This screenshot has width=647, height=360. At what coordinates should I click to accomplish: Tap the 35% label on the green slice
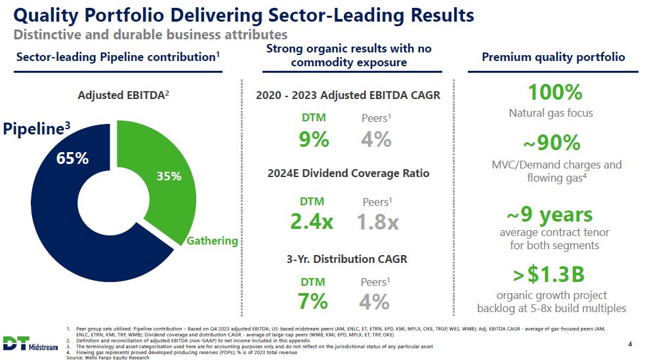(x=169, y=176)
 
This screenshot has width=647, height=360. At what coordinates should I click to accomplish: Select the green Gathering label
(x=212, y=241)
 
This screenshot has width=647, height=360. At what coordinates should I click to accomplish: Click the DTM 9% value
(x=313, y=139)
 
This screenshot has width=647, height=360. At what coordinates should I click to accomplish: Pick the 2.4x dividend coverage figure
(x=312, y=222)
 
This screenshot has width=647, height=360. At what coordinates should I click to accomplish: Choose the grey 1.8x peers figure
(x=378, y=222)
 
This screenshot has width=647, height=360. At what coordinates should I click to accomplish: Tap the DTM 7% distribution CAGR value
(x=312, y=301)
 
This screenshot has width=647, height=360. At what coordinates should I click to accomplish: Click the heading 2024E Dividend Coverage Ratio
(x=348, y=174)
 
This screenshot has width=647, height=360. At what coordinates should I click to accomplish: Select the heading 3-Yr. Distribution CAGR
(x=347, y=259)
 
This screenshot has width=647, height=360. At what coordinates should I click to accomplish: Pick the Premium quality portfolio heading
(x=553, y=57)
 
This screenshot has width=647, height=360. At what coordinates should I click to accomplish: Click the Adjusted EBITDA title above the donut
(x=123, y=95)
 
